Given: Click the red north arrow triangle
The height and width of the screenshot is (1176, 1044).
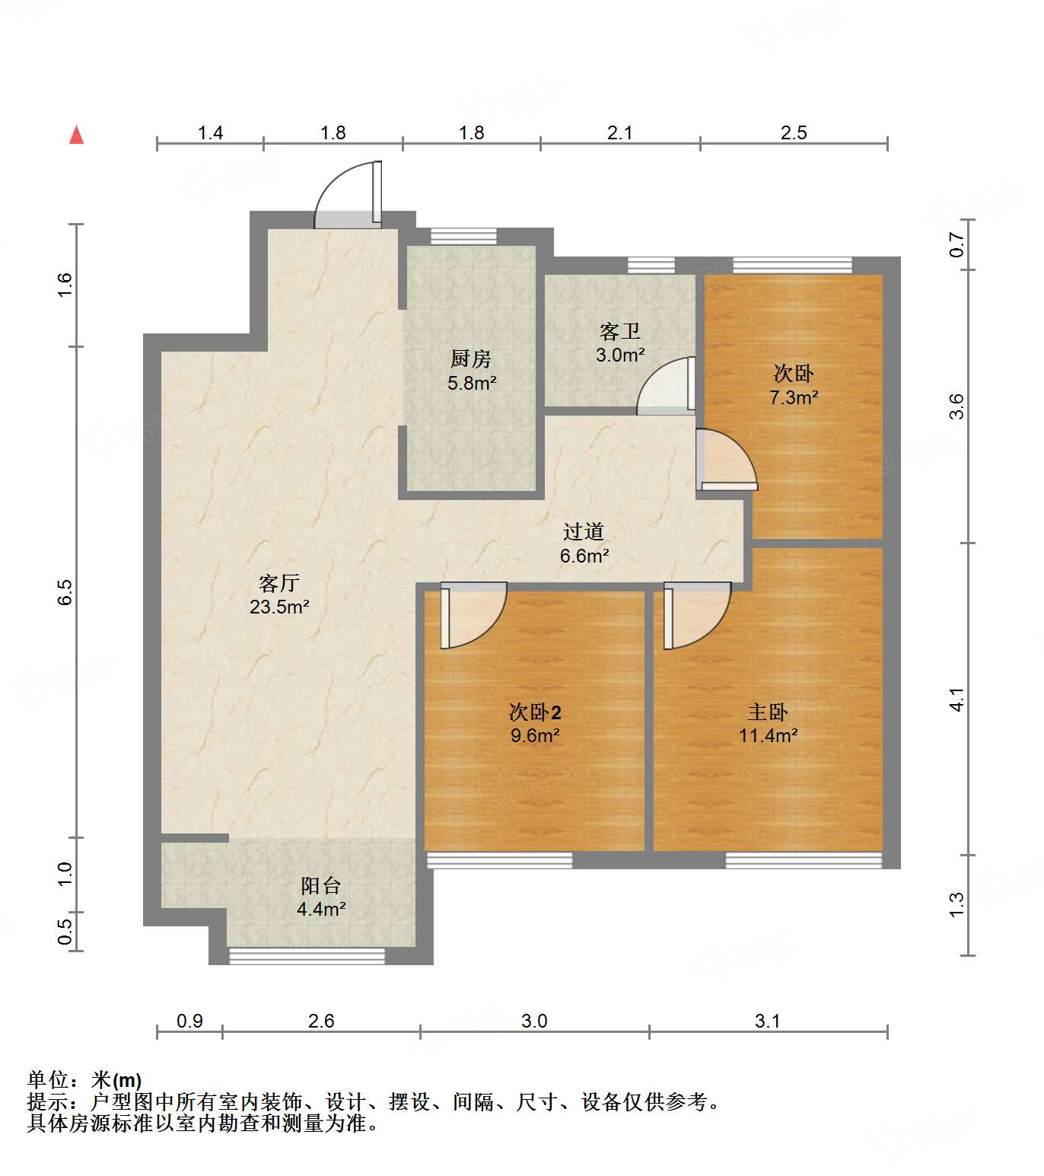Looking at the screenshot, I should (x=76, y=135).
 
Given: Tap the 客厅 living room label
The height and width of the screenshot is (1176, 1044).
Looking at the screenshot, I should (x=279, y=583).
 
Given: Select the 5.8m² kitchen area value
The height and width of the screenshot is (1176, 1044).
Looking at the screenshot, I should (x=472, y=383).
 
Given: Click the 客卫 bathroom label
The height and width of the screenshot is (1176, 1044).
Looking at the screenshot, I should (x=619, y=331).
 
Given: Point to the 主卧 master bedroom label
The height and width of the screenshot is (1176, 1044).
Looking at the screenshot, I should (x=767, y=712).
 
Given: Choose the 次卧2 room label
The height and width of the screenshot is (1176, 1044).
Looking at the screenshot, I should (x=535, y=712).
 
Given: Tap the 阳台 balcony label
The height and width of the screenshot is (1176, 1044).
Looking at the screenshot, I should (x=320, y=885).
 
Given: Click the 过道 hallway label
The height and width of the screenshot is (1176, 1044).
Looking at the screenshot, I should (x=584, y=531).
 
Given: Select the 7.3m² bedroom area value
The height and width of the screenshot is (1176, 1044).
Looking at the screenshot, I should (x=794, y=397).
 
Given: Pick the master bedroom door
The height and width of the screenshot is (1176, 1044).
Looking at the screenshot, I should (x=696, y=615).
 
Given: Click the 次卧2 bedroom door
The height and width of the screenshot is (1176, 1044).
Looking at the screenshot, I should (x=473, y=615).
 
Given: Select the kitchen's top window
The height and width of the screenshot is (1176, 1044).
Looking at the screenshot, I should (x=463, y=236).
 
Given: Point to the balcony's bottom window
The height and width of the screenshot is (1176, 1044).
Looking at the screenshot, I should (x=307, y=956).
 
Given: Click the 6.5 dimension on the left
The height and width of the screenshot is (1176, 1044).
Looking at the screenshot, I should (x=65, y=591).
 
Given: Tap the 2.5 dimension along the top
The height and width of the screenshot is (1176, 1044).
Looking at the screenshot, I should (x=793, y=132).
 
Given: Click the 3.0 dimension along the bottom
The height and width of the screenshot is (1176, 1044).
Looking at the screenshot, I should (x=534, y=1021).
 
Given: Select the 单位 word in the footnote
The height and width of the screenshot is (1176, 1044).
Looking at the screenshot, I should (x=48, y=1079).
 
